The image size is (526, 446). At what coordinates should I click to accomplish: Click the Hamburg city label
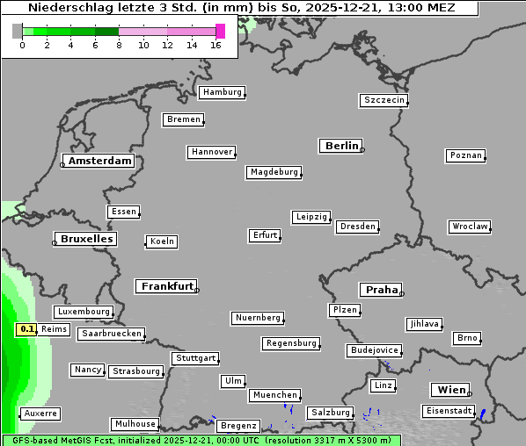(x=221, y=92)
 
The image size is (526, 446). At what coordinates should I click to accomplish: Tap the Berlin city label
(x=341, y=146)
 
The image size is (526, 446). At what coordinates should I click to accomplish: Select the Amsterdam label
(x=99, y=161)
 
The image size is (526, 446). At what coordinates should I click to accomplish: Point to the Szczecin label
(x=384, y=100)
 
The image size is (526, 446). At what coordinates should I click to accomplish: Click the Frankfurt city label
(x=167, y=286)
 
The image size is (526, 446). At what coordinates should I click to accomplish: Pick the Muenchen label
(x=274, y=396)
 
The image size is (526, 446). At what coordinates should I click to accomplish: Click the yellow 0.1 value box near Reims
(x=26, y=329)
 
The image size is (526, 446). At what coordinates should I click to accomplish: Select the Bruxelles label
(x=85, y=239)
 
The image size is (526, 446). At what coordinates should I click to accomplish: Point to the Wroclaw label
(x=469, y=227)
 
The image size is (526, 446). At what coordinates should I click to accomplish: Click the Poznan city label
(x=465, y=155)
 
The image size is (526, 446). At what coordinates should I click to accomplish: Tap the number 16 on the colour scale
(x=216, y=46)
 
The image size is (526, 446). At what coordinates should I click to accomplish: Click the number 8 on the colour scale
(x=119, y=46)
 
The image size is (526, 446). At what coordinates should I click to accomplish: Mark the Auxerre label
(x=40, y=413)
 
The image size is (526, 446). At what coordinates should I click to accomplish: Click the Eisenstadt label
(x=448, y=411)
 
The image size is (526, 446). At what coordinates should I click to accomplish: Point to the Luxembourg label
(x=84, y=312)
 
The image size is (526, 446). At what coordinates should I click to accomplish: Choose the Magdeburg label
(x=274, y=172)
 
